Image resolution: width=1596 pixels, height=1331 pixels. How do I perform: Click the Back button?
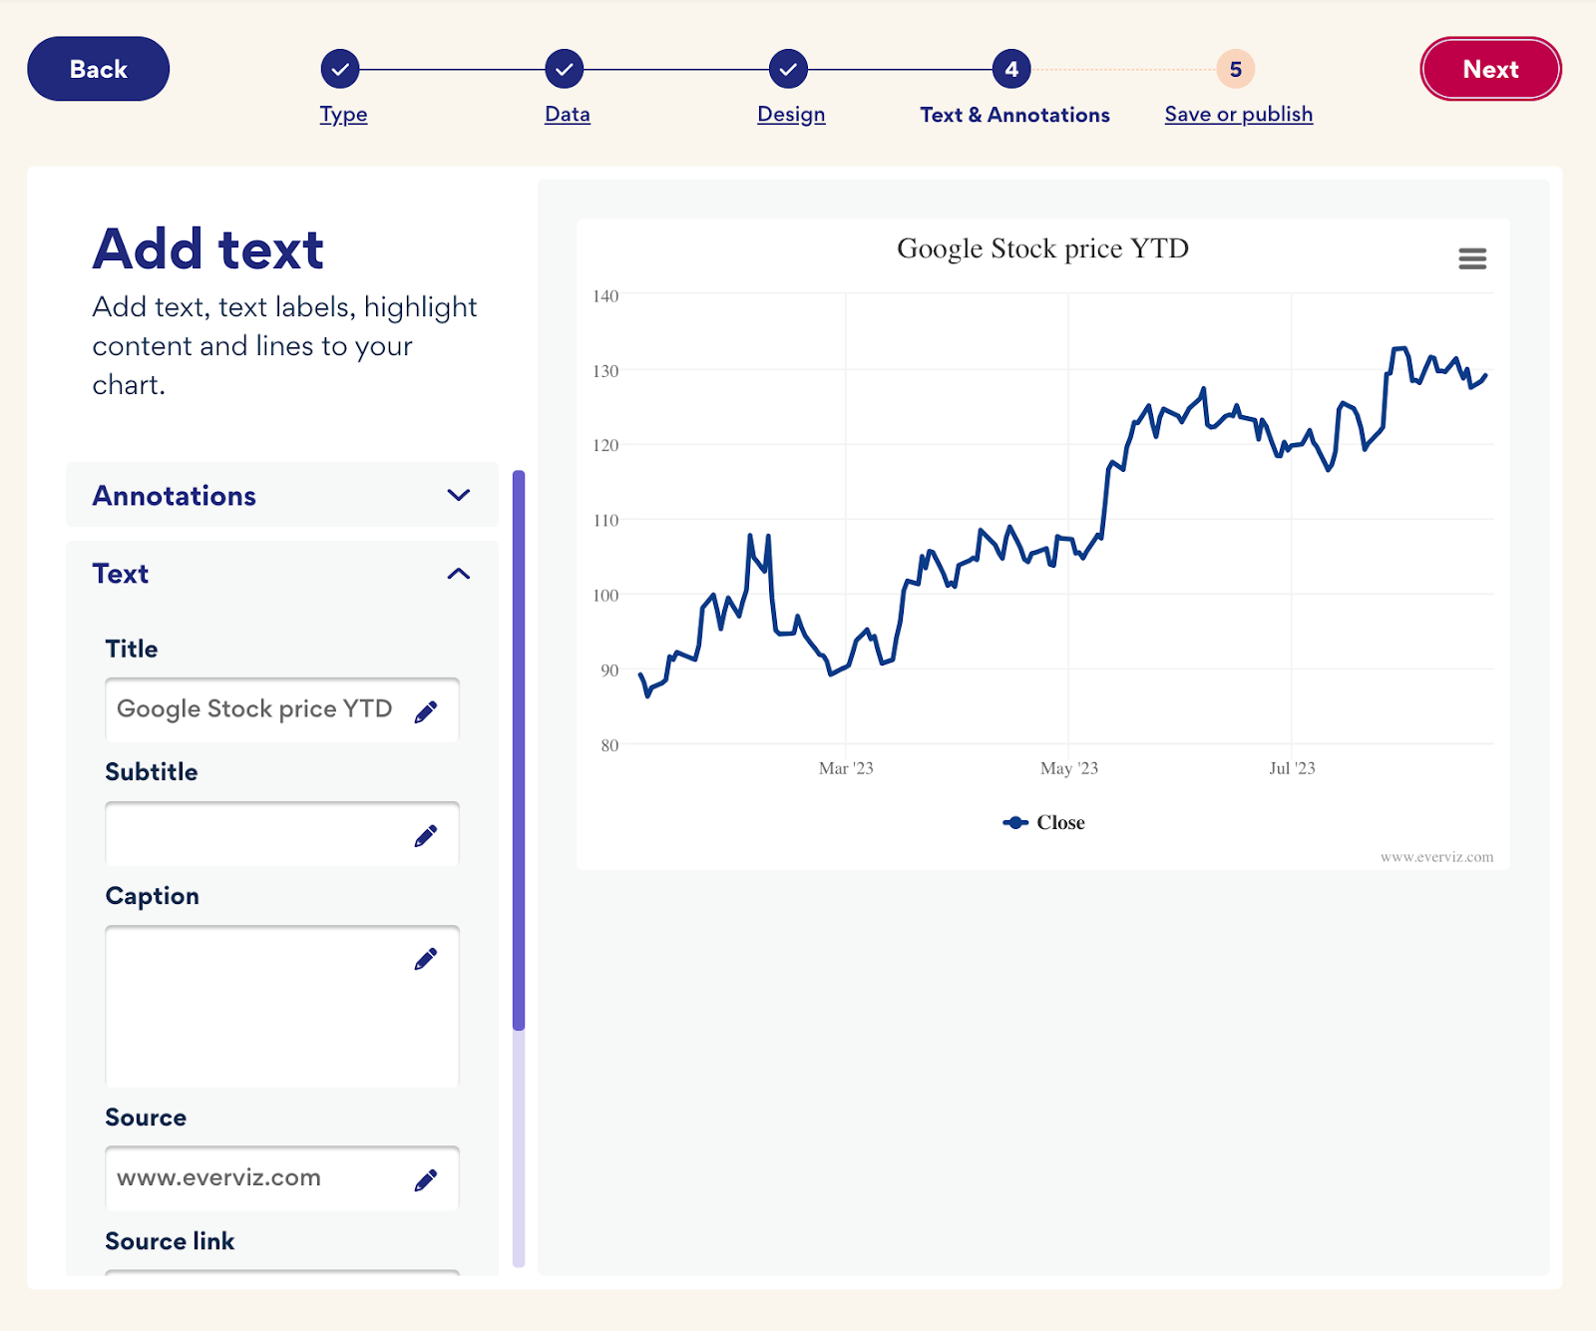(x=98, y=69)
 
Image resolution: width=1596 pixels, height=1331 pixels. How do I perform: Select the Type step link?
(x=343, y=114)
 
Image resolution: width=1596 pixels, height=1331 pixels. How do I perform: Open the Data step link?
(x=567, y=114)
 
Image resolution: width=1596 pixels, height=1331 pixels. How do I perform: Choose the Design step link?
(x=791, y=114)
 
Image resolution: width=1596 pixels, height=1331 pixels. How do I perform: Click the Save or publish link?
(x=1238, y=114)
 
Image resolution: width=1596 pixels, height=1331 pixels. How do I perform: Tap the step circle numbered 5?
(x=1235, y=69)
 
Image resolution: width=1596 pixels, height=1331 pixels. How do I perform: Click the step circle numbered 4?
(x=1011, y=69)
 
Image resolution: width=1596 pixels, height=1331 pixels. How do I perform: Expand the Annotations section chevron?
(x=459, y=495)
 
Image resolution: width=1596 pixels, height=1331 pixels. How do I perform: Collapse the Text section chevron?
(x=459, y=574)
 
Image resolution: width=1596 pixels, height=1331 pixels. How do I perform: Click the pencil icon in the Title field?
(x=426, y=711)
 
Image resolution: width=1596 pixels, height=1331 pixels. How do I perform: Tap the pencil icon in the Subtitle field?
(x=426, y=836)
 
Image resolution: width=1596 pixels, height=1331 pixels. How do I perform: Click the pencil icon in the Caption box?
(x=426, y=959)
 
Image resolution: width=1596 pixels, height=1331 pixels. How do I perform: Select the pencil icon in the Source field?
(x=426, y=1180)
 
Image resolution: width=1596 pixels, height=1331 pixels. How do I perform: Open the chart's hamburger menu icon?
(x=1472, y=259)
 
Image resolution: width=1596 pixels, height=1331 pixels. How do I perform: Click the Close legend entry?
(x=1044, y=822)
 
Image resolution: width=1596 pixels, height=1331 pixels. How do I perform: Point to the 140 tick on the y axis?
(x=605, y=296)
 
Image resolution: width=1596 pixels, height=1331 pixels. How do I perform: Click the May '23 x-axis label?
(x=1068, y=768)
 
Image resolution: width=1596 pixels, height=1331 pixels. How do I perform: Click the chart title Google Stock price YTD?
(x=1042, y=248)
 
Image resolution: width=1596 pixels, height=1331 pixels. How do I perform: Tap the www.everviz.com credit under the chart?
(x=1436, y=857)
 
